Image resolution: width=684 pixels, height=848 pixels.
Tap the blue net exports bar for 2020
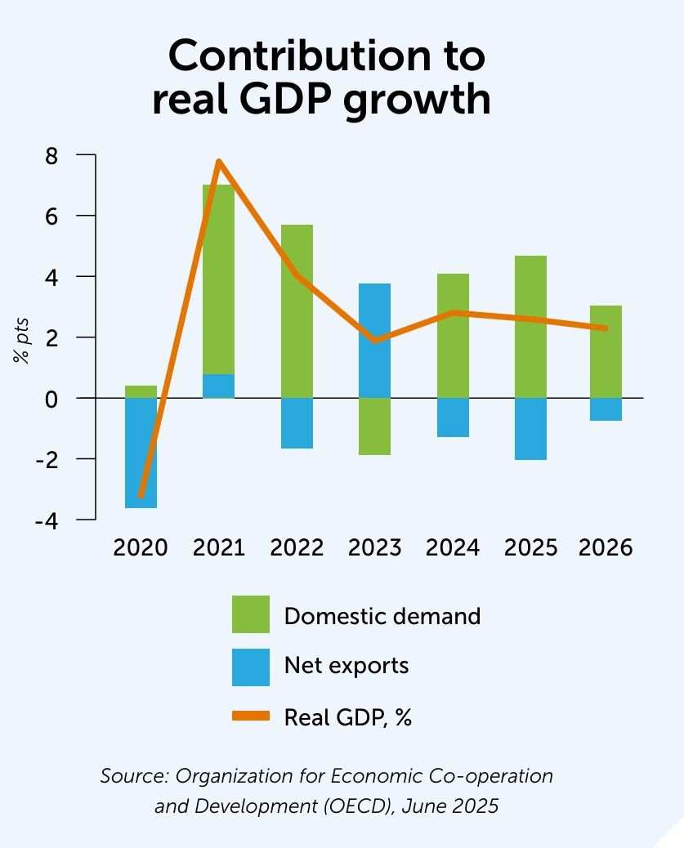(141, 457)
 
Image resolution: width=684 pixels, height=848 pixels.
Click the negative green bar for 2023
(374, 426)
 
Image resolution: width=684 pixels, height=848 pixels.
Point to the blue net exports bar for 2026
(606, 409)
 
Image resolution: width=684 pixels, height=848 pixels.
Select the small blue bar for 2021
(218, 386)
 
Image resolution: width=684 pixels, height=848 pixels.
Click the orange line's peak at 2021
(219, 161)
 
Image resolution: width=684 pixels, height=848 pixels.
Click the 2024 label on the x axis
(453, 547)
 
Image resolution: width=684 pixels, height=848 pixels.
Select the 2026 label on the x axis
(606, 547)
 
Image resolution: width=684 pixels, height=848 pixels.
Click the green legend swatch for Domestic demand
(250, 615)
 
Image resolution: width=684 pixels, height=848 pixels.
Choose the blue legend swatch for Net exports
(250, 667)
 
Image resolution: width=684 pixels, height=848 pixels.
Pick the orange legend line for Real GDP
(250, 716)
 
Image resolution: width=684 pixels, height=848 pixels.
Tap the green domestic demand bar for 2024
(453, 336)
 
